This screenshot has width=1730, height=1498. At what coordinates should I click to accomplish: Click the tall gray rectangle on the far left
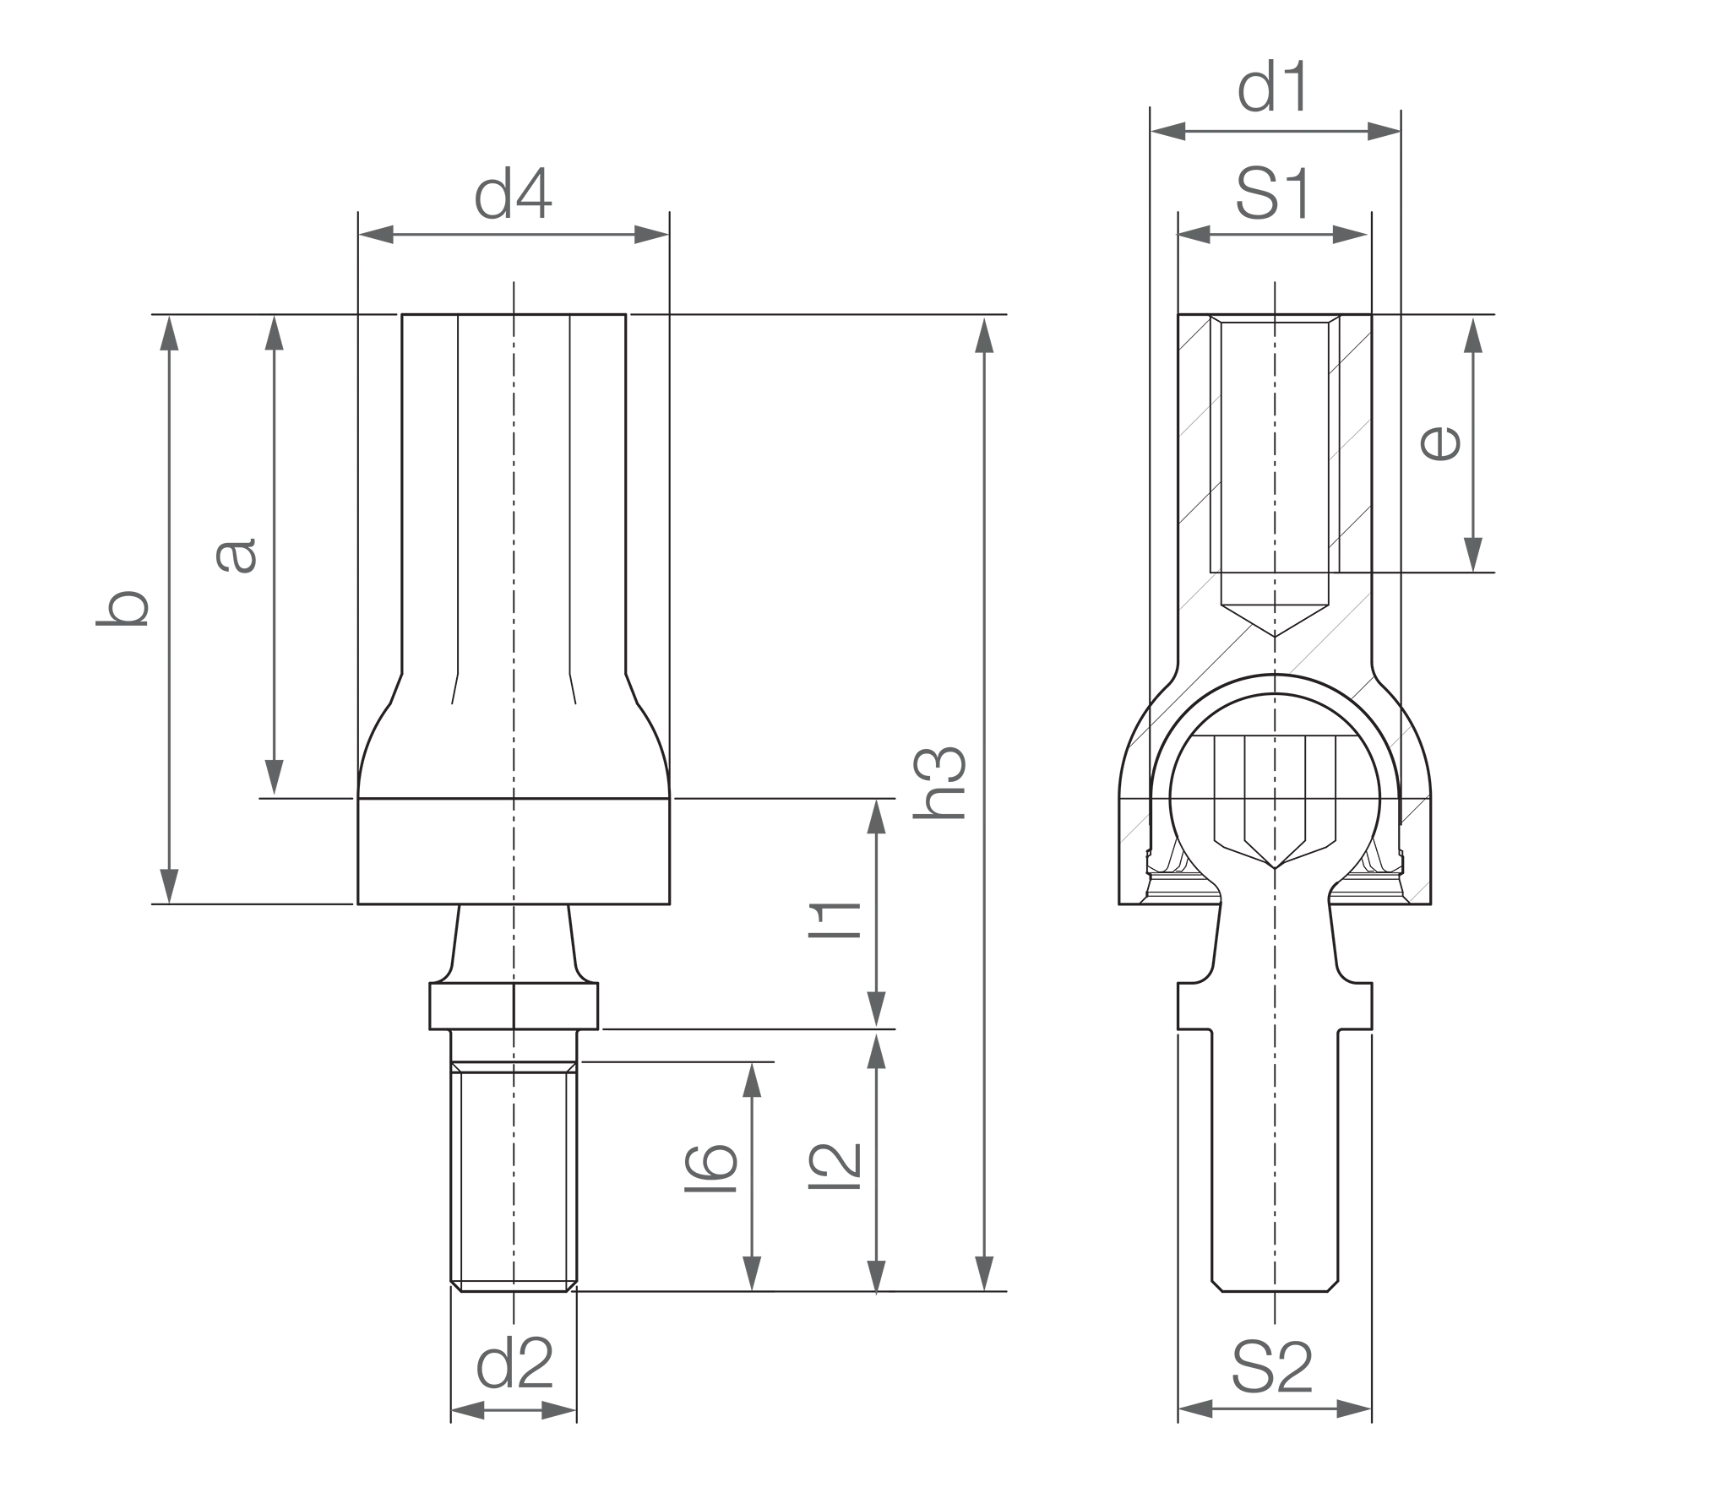(x=253, y=608)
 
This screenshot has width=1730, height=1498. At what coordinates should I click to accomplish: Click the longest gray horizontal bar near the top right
(x=1276, y=132)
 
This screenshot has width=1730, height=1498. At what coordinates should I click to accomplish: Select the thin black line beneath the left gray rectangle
(x=250, y=904)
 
